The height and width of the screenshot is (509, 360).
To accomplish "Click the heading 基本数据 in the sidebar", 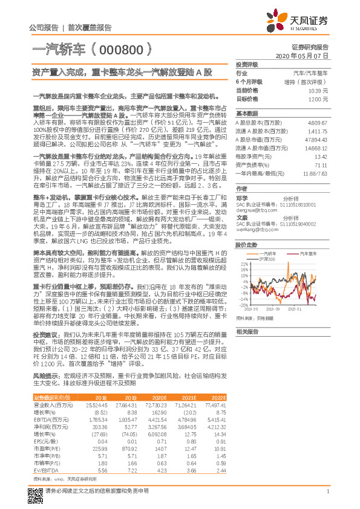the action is pyautogui.click(x=247, y=113).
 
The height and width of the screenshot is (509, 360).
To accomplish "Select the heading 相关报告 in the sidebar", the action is pyautogui.click(x=247, y=332).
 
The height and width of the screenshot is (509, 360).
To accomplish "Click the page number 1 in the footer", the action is pyautogui.click(x=327, y=491).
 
